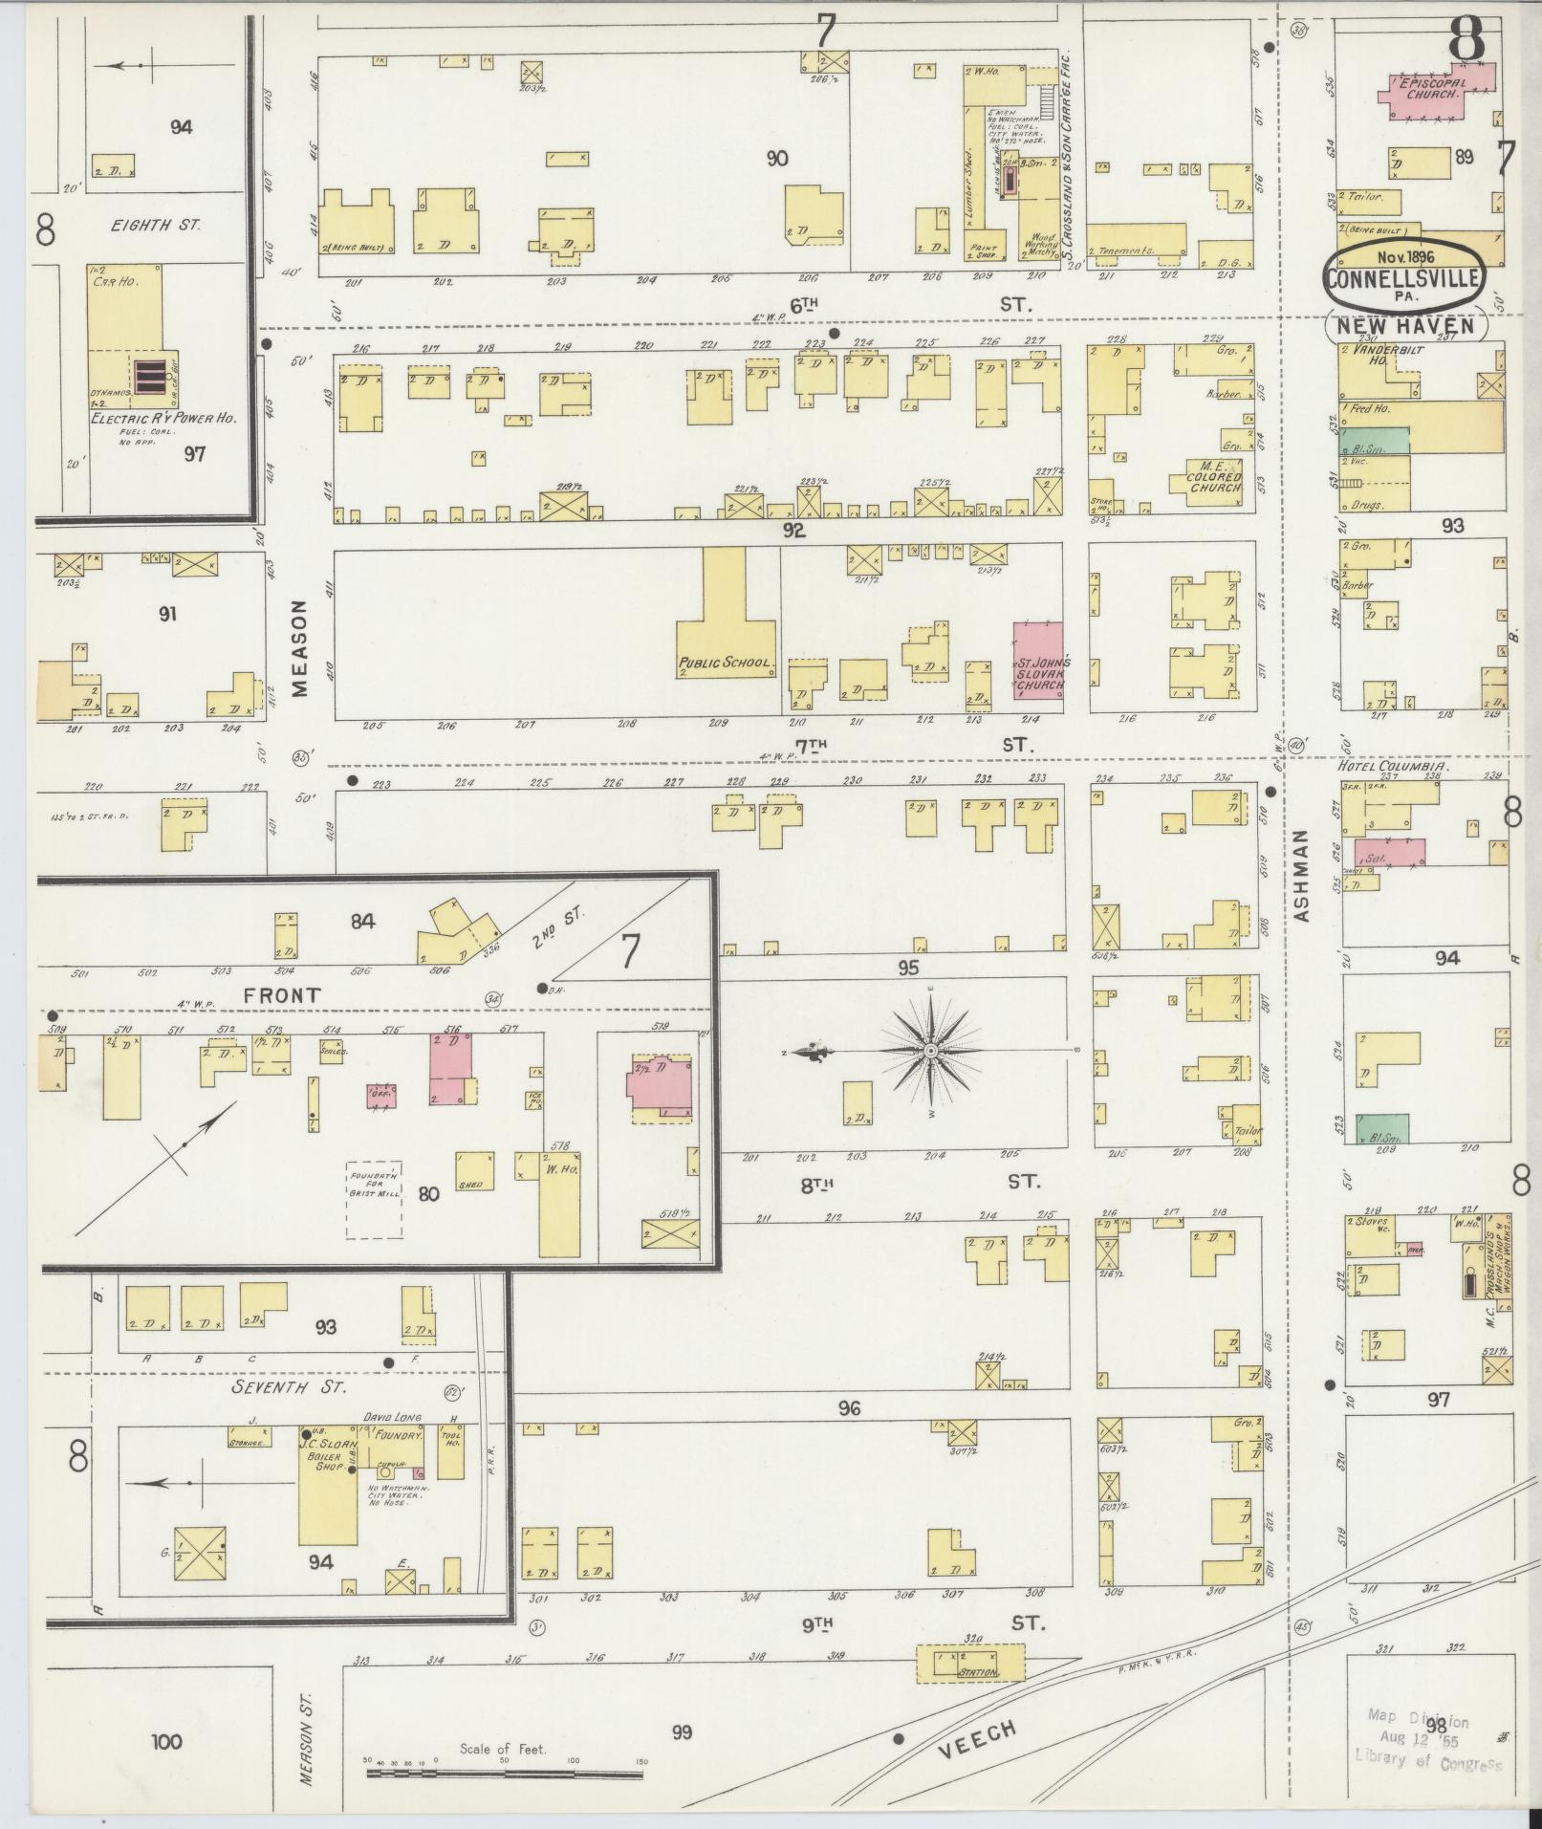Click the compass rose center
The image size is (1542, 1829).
coord(929,1051)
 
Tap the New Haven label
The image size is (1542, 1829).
coord(1404,326)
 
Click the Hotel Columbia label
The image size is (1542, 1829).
coord(1392,766)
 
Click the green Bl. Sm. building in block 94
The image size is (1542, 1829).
coord(1375,1128)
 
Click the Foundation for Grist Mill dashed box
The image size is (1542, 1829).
coord(374,1200)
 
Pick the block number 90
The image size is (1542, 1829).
coord(777,159)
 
